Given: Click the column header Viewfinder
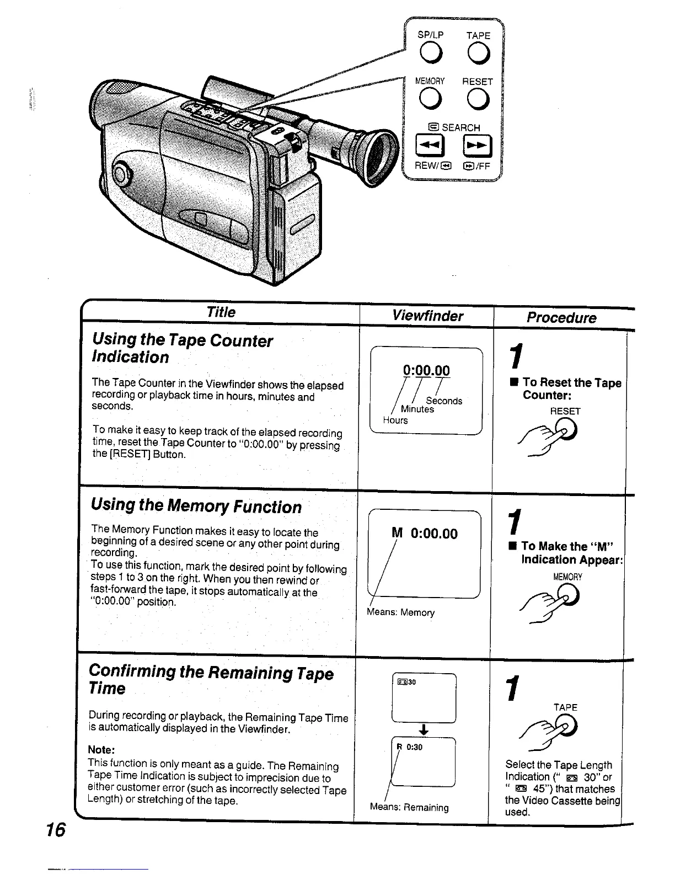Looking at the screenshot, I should tap(427, 316).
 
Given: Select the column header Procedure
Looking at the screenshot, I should tap(561, 318).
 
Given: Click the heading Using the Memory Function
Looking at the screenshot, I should tap(196, 506).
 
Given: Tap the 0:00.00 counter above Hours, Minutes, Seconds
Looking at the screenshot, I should tap(426, 370).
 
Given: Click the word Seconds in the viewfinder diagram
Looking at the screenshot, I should tap(444, 401).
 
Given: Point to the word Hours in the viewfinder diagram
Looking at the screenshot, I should tap(395, 420).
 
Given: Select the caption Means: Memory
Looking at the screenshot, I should tap(400, 612).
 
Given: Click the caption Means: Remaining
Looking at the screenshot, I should tap(409, 807).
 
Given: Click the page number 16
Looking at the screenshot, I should tap(56, 830).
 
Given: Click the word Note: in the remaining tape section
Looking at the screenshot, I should tap(101, 750).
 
